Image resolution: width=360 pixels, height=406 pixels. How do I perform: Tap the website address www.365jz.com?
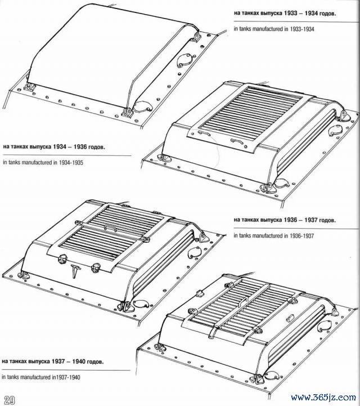click(323, 397)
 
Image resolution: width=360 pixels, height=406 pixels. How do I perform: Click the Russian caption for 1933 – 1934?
click(285, 13)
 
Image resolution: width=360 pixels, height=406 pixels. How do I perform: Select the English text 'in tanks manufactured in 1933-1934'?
click(274, 29)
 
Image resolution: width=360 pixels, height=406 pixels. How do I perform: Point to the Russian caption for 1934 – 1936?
click(54, 147)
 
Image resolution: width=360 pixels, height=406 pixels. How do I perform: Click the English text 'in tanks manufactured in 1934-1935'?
click(43, 163)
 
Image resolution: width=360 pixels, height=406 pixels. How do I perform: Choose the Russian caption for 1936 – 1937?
click(285, 220)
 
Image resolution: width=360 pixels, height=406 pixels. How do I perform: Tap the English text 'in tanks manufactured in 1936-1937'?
click(273, 235)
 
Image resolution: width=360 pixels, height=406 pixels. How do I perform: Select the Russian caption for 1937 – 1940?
click(52, 361)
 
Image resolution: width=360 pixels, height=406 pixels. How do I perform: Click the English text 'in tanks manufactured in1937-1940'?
click(41, 377)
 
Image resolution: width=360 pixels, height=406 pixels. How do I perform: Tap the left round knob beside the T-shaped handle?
click(62, 259)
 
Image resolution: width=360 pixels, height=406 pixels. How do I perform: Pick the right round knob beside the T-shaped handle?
click(96, 267)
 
